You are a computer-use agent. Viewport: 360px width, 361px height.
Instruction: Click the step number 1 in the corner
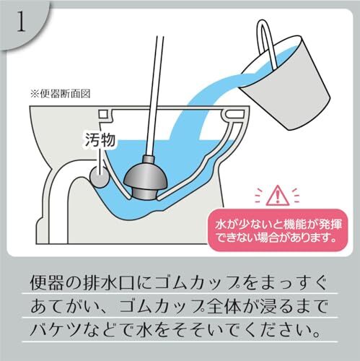(21, 24)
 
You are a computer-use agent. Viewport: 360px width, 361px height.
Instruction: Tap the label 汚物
(100, 139)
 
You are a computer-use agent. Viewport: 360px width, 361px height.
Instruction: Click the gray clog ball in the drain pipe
(100, 178)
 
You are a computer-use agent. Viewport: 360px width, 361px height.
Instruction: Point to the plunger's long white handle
(154, 96)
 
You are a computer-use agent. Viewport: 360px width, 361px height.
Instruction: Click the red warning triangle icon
(277, 196)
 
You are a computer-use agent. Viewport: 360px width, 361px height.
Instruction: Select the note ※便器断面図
(60, 94)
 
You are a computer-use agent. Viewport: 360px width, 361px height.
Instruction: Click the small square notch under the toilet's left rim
(103, 114)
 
